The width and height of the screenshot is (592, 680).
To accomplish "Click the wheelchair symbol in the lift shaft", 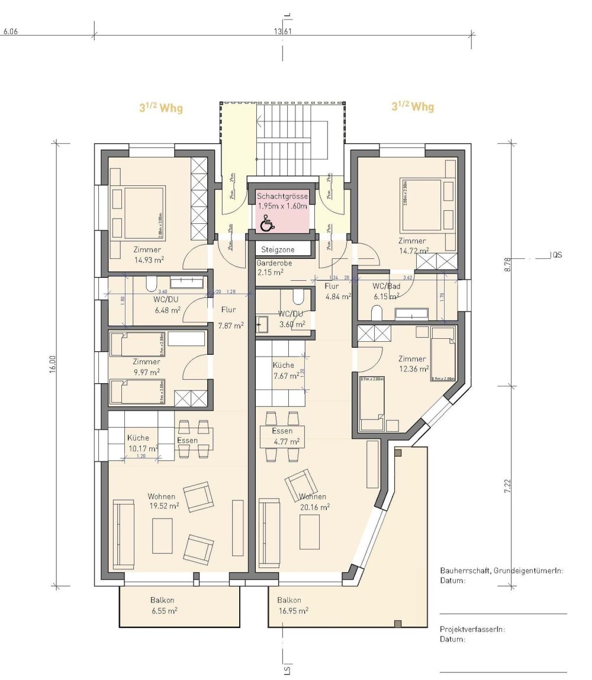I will tap(268, 223).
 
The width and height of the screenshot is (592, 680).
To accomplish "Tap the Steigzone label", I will tap(278, 250).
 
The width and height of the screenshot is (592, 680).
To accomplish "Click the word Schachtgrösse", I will tap(282, 195).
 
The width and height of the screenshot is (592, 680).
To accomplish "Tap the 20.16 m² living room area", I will tap(315, 506).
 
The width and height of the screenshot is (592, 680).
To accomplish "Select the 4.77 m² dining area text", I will tap(287, 441).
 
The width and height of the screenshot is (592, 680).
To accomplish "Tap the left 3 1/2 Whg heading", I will tap(160, 108).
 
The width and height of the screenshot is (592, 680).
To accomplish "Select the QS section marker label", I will tap(556, 255).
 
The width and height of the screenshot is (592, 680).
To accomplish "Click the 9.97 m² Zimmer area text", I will tap(146, 372).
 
